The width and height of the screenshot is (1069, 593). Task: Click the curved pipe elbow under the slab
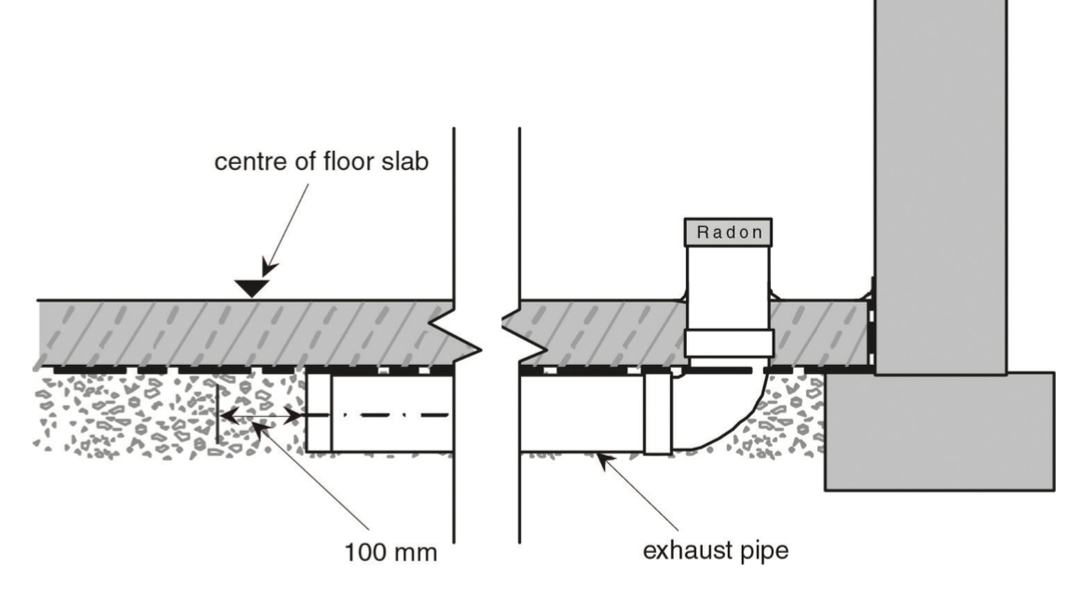tap(728, 411)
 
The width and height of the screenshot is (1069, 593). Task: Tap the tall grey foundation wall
tap(939, 186)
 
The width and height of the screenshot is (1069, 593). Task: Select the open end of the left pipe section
tap(319, 415)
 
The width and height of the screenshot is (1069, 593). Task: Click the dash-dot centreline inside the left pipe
tap(391, 414)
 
